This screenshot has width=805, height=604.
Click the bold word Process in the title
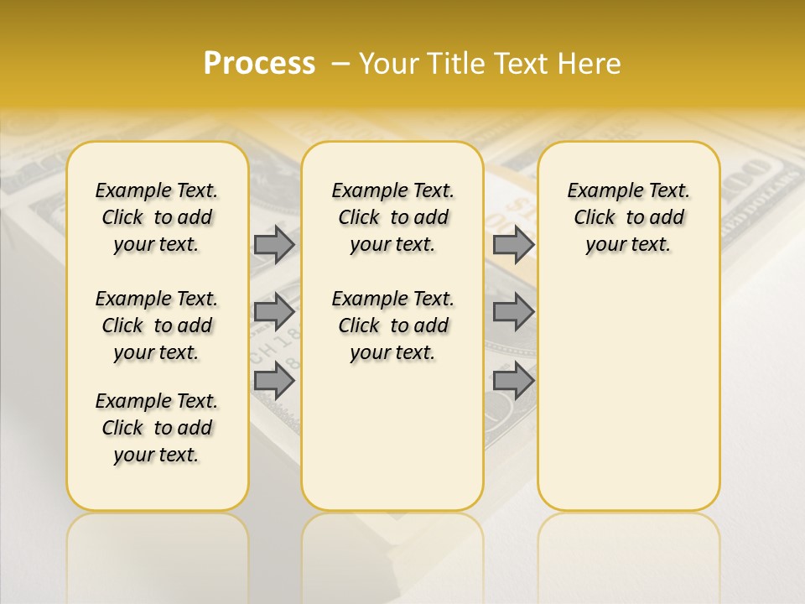[x=259, y=64]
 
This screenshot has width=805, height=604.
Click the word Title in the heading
[x=455, y=64]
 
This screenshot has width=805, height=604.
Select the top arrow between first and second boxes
[x=274, y=244]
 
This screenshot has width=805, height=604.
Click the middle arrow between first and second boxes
[x=274, y=312]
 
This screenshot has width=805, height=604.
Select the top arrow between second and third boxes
[x=513, y=244]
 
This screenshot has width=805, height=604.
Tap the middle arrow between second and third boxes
[x=513, y=312]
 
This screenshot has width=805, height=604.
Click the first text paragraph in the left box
[x=157, y=217]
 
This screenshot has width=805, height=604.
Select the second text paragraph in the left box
[x=157, y=325]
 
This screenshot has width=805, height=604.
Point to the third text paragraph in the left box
[x=157, y=428]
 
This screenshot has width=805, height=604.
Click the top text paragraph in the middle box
[x=392, y=217]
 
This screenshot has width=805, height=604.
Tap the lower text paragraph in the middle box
[x=392, y=325]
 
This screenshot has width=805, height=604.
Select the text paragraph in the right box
[x=629, y=217]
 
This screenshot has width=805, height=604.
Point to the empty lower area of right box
[x=629, y=394]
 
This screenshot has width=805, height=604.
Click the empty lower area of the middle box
[x=392, y=436]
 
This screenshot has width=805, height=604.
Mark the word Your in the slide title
[x=389, y=64]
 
